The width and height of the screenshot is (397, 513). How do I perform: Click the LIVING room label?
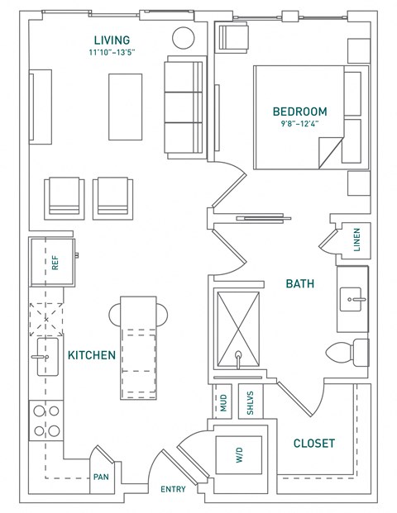(112, 40)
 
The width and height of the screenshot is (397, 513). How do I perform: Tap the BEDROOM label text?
(300, 112)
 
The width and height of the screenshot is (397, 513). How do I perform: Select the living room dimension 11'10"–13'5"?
(112, 53)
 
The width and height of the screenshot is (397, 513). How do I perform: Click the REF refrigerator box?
(54, 264)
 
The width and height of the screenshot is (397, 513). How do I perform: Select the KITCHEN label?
(91, 355)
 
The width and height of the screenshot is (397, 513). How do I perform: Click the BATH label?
(299, 283)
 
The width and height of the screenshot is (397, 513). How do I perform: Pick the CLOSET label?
(314, 444)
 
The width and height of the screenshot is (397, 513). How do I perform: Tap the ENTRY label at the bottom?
(174, 490)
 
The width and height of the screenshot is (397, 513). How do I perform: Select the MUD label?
(222, 403)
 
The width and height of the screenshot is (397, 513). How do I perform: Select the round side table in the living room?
(183, 39)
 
